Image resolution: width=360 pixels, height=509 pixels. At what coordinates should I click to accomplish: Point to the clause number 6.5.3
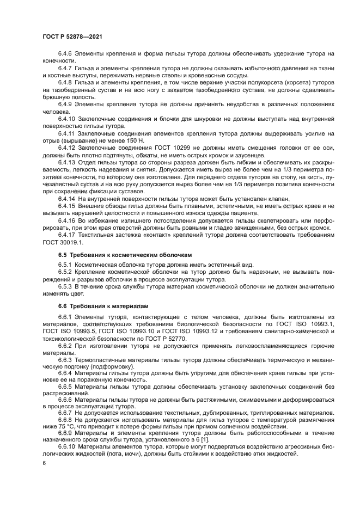(65, 285)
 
